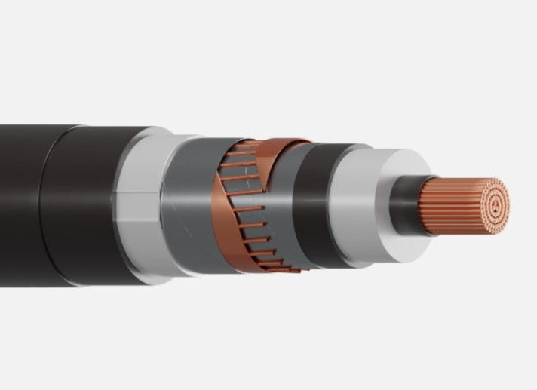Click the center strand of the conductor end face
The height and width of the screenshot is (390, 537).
[495, 205]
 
